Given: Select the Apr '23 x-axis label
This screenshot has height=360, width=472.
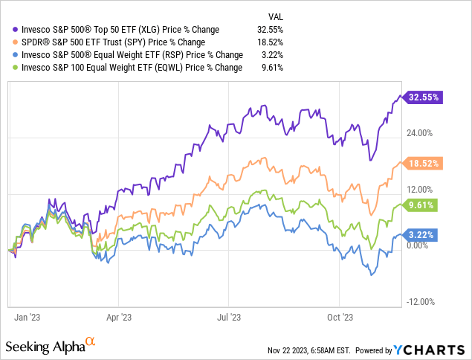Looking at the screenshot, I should coord(119,315).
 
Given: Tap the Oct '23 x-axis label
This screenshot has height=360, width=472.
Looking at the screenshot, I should coord(338,315).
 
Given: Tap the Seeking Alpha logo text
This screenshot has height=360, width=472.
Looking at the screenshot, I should coord(45,347).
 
